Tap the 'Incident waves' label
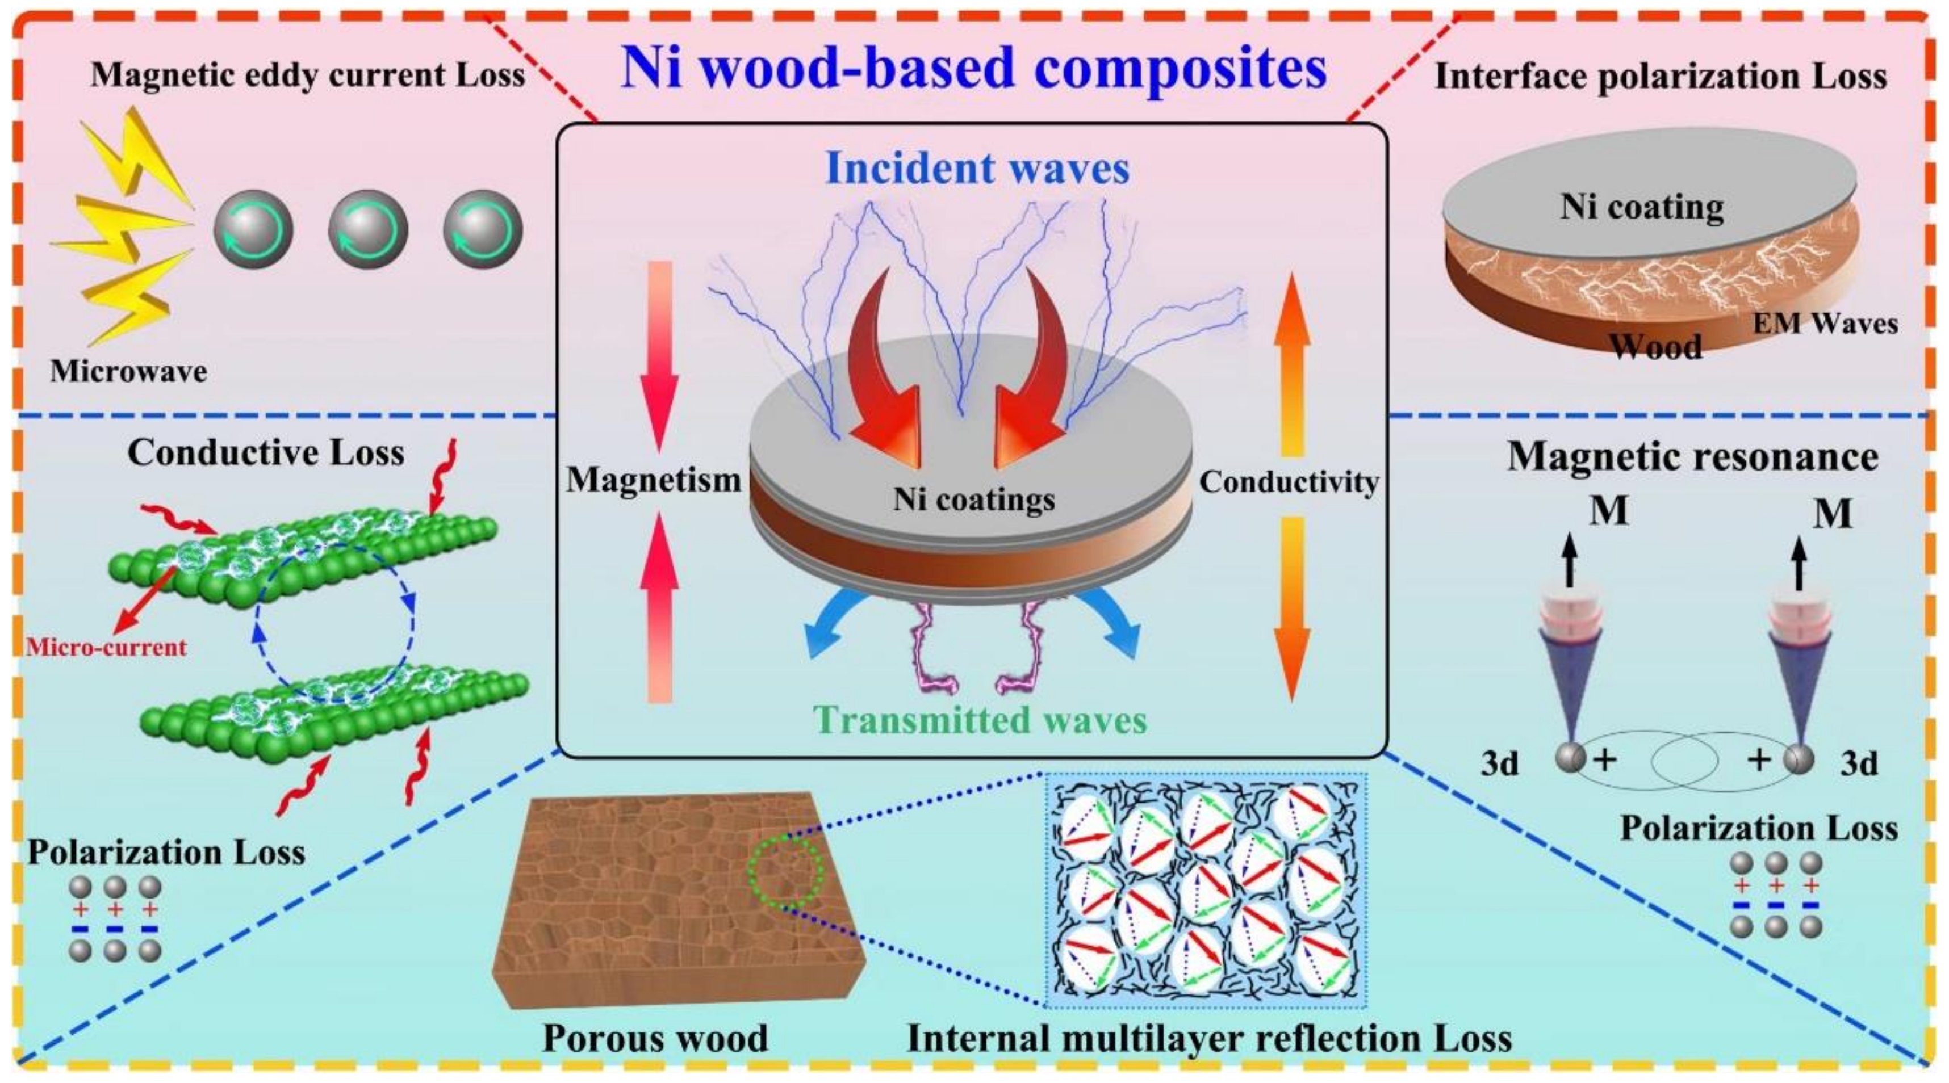coord(977,169)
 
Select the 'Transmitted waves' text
coord(982,719)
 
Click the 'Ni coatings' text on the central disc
coord(974,499)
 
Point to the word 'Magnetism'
coord(654,480)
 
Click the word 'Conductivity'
coord(1289,482)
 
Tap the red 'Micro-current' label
coord(106,648)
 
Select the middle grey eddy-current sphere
coord(367,229)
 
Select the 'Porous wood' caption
coord(655,1038)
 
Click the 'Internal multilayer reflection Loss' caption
coord(1208,1038)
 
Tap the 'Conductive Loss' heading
coord(266,453)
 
